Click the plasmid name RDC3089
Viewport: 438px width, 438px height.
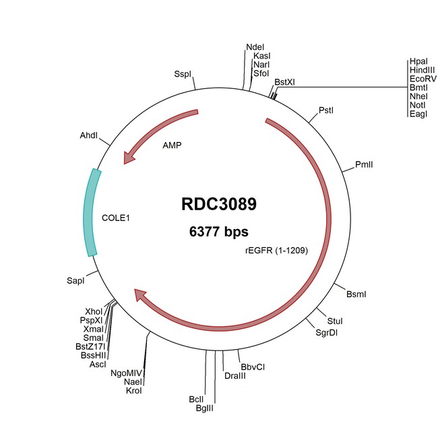219,204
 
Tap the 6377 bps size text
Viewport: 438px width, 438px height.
219,232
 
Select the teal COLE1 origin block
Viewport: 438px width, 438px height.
92,212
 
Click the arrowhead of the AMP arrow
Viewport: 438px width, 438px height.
129,158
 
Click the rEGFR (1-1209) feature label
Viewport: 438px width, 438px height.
276,250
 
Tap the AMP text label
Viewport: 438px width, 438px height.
172,146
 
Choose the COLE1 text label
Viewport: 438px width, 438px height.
116,218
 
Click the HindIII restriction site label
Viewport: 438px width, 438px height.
422,70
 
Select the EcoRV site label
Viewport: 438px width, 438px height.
423,79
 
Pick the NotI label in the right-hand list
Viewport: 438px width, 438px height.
417,105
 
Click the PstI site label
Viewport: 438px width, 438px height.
326,111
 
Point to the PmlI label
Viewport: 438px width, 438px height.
364,164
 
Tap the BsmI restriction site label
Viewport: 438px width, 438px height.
356,294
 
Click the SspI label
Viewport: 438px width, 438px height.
183,74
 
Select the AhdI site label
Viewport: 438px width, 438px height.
89,135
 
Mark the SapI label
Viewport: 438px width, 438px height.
75,281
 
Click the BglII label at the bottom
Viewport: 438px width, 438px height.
204,408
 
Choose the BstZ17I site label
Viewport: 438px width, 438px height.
90,346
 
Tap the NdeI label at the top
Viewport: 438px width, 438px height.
255,47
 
